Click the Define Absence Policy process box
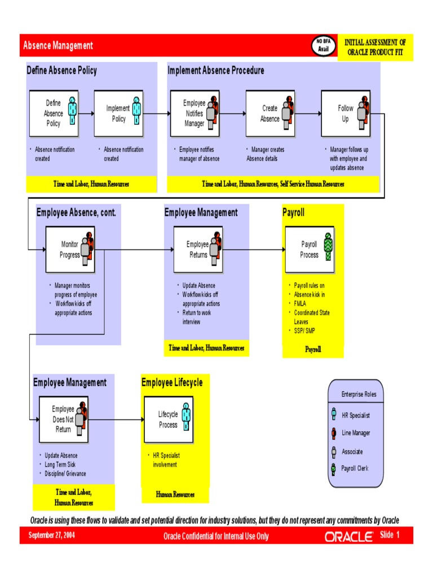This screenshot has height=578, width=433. (x=53, y=113)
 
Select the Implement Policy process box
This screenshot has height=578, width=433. (x=118, y=113)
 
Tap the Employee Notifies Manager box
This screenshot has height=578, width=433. (x=195, y=113)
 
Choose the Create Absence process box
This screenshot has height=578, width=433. (x=270, y=113)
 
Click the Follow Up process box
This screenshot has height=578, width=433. (x=346, y=113)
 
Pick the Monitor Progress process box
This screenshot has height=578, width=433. (x=70, y=249)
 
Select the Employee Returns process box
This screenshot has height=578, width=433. (x=198, y=249)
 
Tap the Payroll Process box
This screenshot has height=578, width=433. (x=310, y=249)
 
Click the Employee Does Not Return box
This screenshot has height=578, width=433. (x=63, y=419)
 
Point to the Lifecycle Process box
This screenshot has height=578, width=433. (x=168, y=419)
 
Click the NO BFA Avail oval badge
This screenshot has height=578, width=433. (x=323, y=45)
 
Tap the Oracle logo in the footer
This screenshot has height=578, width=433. (x=348, y=537)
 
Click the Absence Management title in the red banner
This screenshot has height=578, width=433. (x=58, y=46)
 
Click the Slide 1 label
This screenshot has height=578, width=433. (x=390, y=535)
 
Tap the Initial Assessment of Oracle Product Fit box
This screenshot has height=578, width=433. (x=375, y=47)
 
